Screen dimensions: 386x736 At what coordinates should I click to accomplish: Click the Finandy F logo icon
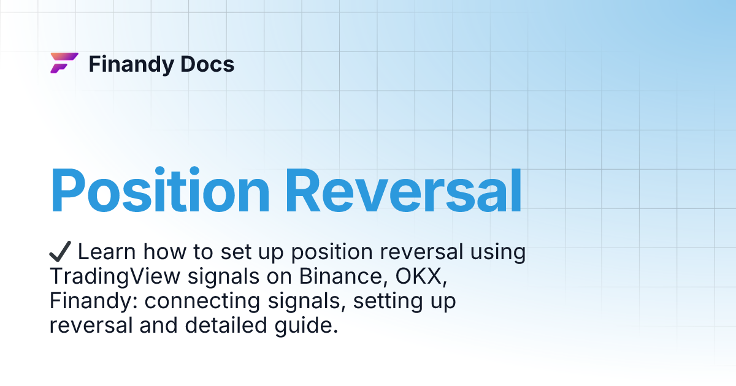click(x=64, y=63)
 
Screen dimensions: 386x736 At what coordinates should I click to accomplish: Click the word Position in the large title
click(x=159, y=189)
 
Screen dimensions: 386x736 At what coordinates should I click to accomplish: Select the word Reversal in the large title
click(x=404, y=189)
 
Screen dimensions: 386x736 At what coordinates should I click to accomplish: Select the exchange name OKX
click(x=424, y=277)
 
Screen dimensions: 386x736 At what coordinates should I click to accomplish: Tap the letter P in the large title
click(x=71, y=189)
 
